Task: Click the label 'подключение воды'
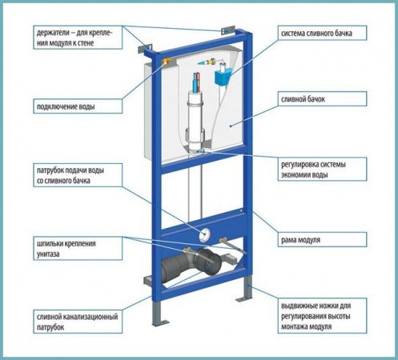66,107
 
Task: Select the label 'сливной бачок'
303,99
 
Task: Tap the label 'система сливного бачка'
316,34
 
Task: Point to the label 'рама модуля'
300,240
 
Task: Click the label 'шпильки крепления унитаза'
66,249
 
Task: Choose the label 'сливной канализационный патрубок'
78,322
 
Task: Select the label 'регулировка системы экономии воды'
313,170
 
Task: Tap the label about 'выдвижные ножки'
316,316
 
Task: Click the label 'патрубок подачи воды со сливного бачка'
70,175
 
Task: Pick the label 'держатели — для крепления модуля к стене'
74,38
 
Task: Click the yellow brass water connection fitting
167,62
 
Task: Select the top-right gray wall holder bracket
227,30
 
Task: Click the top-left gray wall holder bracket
145,49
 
